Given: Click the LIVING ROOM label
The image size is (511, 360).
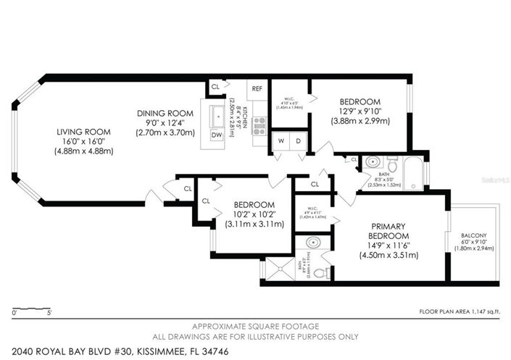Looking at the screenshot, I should coord(81,131).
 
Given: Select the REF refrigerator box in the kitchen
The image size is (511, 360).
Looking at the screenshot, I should coord(257,88).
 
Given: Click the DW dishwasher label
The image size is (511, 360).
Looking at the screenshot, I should coord(215,135).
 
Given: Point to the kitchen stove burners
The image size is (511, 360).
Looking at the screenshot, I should coord(259,125).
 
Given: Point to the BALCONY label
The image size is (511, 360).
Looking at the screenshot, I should coord(474,235).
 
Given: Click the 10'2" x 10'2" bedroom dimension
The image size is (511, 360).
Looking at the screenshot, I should coord(254,214).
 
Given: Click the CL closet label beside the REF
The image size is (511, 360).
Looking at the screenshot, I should coord(215,86).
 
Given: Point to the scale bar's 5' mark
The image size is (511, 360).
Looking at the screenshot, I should coord(49,313).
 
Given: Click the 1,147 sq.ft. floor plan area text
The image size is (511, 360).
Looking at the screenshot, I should coord(462,311).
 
